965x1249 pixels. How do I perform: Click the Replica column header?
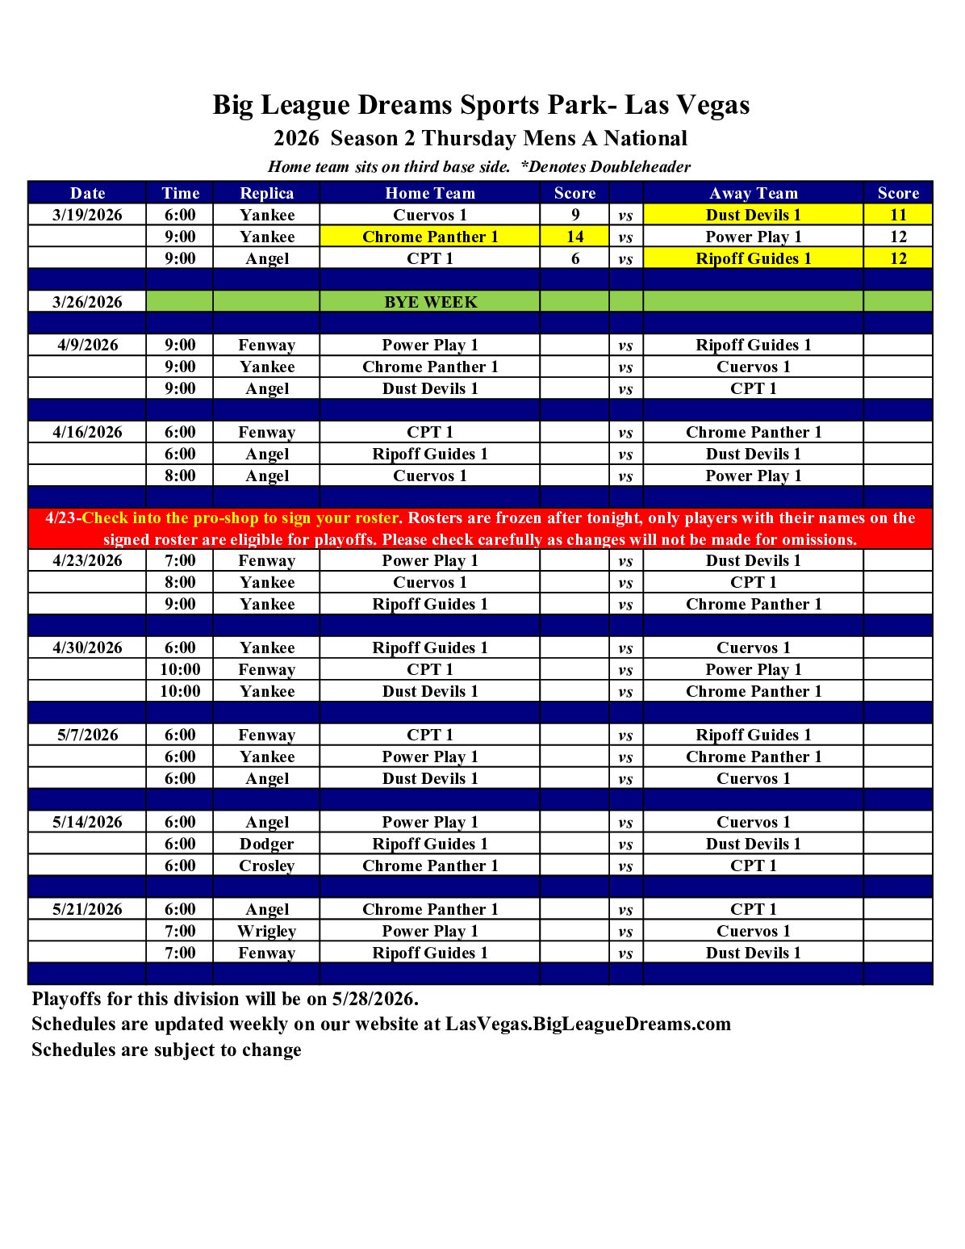(x=266, y=193)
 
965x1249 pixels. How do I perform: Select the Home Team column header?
(x=430, y=193)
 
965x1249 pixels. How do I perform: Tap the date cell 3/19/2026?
(x=87, y=215)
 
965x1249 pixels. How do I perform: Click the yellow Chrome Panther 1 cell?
(x=430, y=237)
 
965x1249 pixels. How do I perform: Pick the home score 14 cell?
(x=574, y=237)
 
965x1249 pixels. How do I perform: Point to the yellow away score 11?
(x=898, y=215)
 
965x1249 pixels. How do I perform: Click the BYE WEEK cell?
(x=430, y=302)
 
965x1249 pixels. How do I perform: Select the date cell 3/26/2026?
(x=87, y=302)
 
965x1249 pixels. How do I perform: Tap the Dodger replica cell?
(x=266, y=844)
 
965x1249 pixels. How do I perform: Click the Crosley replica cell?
(x=266, y=865)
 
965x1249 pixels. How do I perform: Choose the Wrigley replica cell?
(x=266, y=931)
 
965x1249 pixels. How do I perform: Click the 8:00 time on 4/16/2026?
(x=180, y=476)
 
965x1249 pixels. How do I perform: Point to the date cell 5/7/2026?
(x=87, y=735)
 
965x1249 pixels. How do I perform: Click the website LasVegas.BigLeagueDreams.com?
(x=587, y=1024)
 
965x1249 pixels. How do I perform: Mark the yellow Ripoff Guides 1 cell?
(x=753, y=258)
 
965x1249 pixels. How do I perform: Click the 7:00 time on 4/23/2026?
(x=180, y=560)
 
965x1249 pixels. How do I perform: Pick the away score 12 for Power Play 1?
(x=898, y=237)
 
